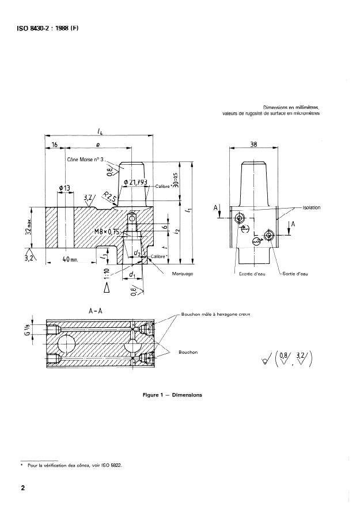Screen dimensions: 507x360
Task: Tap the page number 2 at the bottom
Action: coord(24,489)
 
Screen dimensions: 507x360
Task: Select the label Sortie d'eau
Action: coord(295,274)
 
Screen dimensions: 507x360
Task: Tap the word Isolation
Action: coord(310,207)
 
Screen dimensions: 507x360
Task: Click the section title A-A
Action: coord(96,310)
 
